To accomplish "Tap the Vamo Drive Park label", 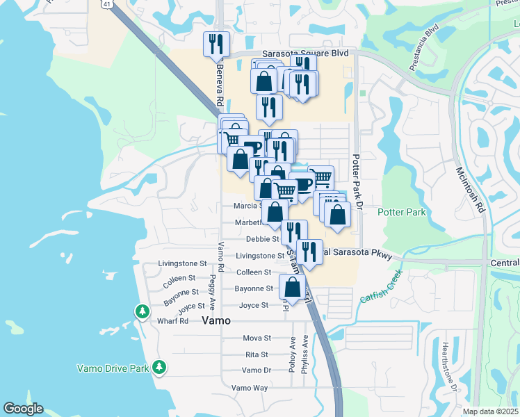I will [113, 367].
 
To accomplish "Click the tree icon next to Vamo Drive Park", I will [160, 366].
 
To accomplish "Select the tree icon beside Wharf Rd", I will [143, 311].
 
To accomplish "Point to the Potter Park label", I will [402, 212].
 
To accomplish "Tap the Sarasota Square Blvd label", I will [304, 53].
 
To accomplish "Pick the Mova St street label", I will [257, 338].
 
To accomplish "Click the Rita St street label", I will [257, 354].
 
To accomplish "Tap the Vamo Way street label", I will [250, 388].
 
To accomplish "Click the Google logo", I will [23, 409].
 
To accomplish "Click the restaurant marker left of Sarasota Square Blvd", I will [216, 44].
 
